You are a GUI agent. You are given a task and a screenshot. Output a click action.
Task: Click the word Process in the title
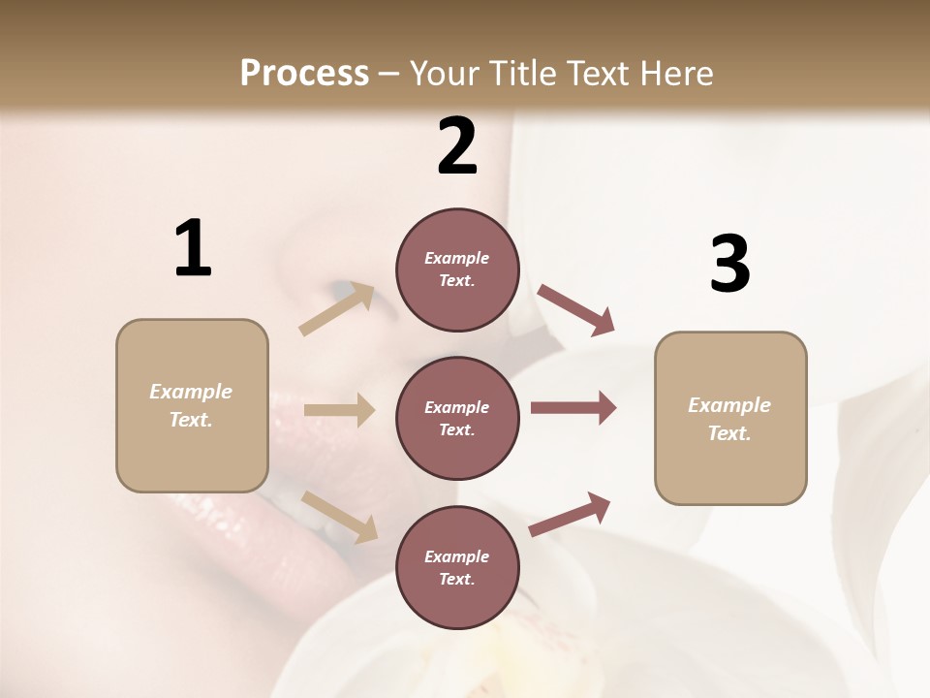tap(304, 73)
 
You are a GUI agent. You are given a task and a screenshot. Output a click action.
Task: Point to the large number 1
tap(193, 249)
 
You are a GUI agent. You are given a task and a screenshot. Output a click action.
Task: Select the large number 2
tap(457, 146)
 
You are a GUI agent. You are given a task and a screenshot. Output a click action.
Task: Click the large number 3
tap(729, 265)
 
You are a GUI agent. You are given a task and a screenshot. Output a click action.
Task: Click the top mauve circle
tap(457, 270)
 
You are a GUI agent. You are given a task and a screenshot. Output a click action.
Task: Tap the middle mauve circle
tap(457, 418)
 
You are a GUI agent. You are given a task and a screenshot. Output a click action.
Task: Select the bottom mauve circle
tap(457, 567)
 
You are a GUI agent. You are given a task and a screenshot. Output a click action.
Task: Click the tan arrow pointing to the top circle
tap(337, 308)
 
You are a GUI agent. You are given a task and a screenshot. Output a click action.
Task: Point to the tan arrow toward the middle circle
tap(339, 410)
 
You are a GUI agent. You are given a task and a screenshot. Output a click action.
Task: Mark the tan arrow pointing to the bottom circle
tap(339, 517)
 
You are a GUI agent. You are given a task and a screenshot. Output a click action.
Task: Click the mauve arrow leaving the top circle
tap(576, 309)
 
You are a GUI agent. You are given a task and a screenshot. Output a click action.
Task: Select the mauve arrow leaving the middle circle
tap(573, 408)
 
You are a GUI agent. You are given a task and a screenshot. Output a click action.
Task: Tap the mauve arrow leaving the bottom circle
tap(571, 514)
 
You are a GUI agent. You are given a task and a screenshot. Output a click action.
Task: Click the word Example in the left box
tap(191, 392)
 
